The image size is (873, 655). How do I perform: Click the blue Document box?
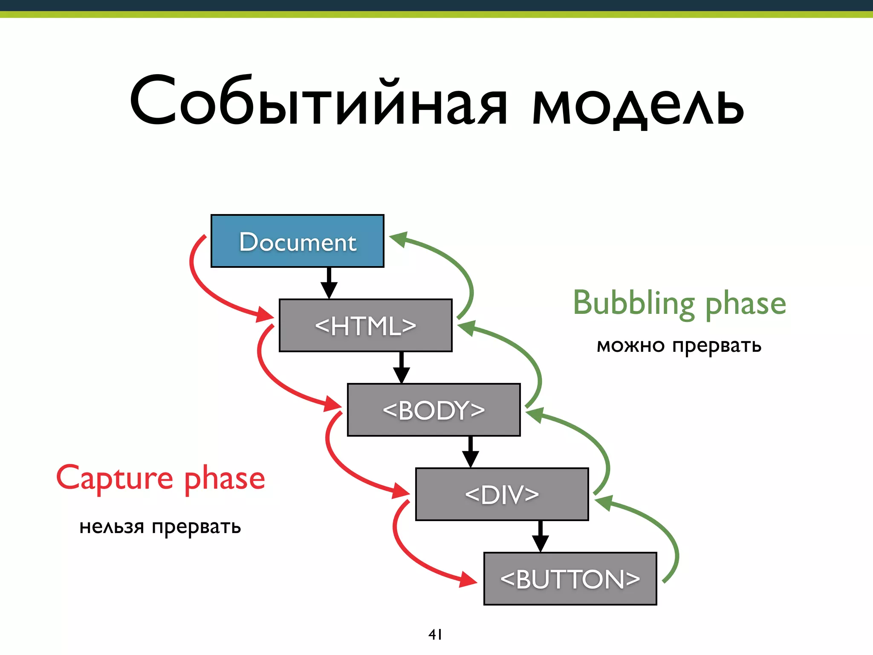297,241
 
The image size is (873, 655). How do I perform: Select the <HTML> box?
365,325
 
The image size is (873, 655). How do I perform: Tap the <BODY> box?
434,410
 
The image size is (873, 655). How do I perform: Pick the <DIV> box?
502,494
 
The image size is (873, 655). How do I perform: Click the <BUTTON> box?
570,579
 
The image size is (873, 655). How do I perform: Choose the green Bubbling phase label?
679,304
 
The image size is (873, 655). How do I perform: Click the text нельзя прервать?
160,527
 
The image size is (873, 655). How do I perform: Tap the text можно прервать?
679,345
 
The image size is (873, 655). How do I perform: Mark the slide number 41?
435,635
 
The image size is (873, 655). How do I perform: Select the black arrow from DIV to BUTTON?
540,536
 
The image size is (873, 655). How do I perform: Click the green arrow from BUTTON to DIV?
665,529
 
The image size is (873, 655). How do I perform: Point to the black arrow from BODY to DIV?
470,452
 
